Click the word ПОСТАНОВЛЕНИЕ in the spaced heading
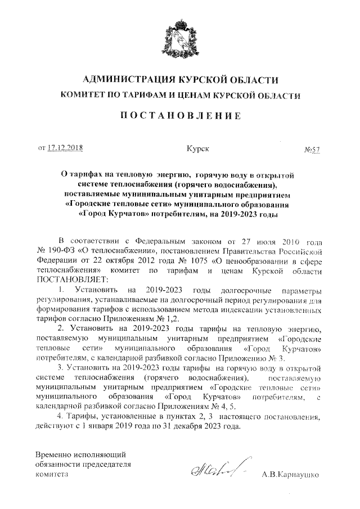(x=179, y=116)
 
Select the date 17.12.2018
(x=65, y=148)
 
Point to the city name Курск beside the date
(x=197, y=148)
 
